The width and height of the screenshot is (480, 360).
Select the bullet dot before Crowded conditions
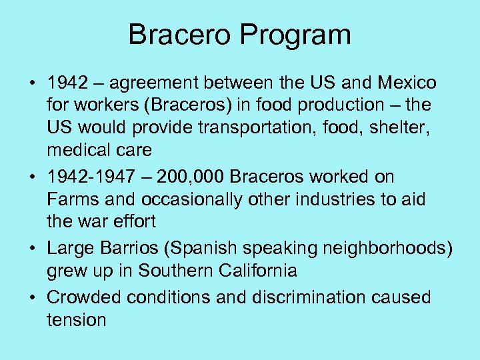click(x=31, y=297)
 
